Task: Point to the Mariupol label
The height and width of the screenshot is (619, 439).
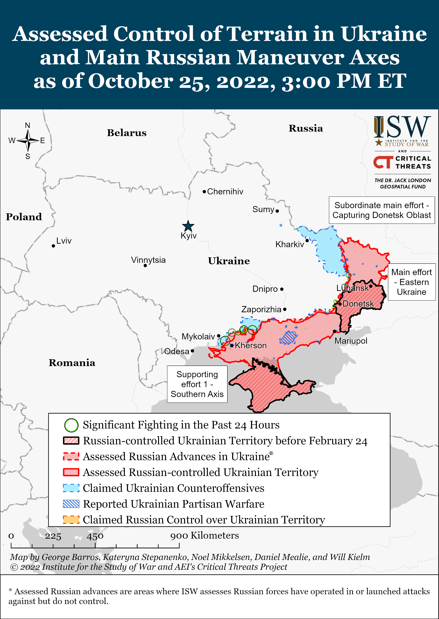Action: [351, 341]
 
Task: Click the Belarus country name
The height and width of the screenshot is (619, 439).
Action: [127, 133]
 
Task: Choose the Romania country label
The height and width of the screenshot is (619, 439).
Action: [72, 363]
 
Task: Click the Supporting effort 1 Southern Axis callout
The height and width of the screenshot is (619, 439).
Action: [197, 384]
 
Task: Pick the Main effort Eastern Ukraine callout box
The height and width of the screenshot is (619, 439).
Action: [411, 282]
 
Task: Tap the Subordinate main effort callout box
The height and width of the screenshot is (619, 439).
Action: [381, 210]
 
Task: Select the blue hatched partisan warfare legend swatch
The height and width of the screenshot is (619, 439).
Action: [71, 504]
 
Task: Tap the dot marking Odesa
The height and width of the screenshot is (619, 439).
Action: [192, 351]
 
